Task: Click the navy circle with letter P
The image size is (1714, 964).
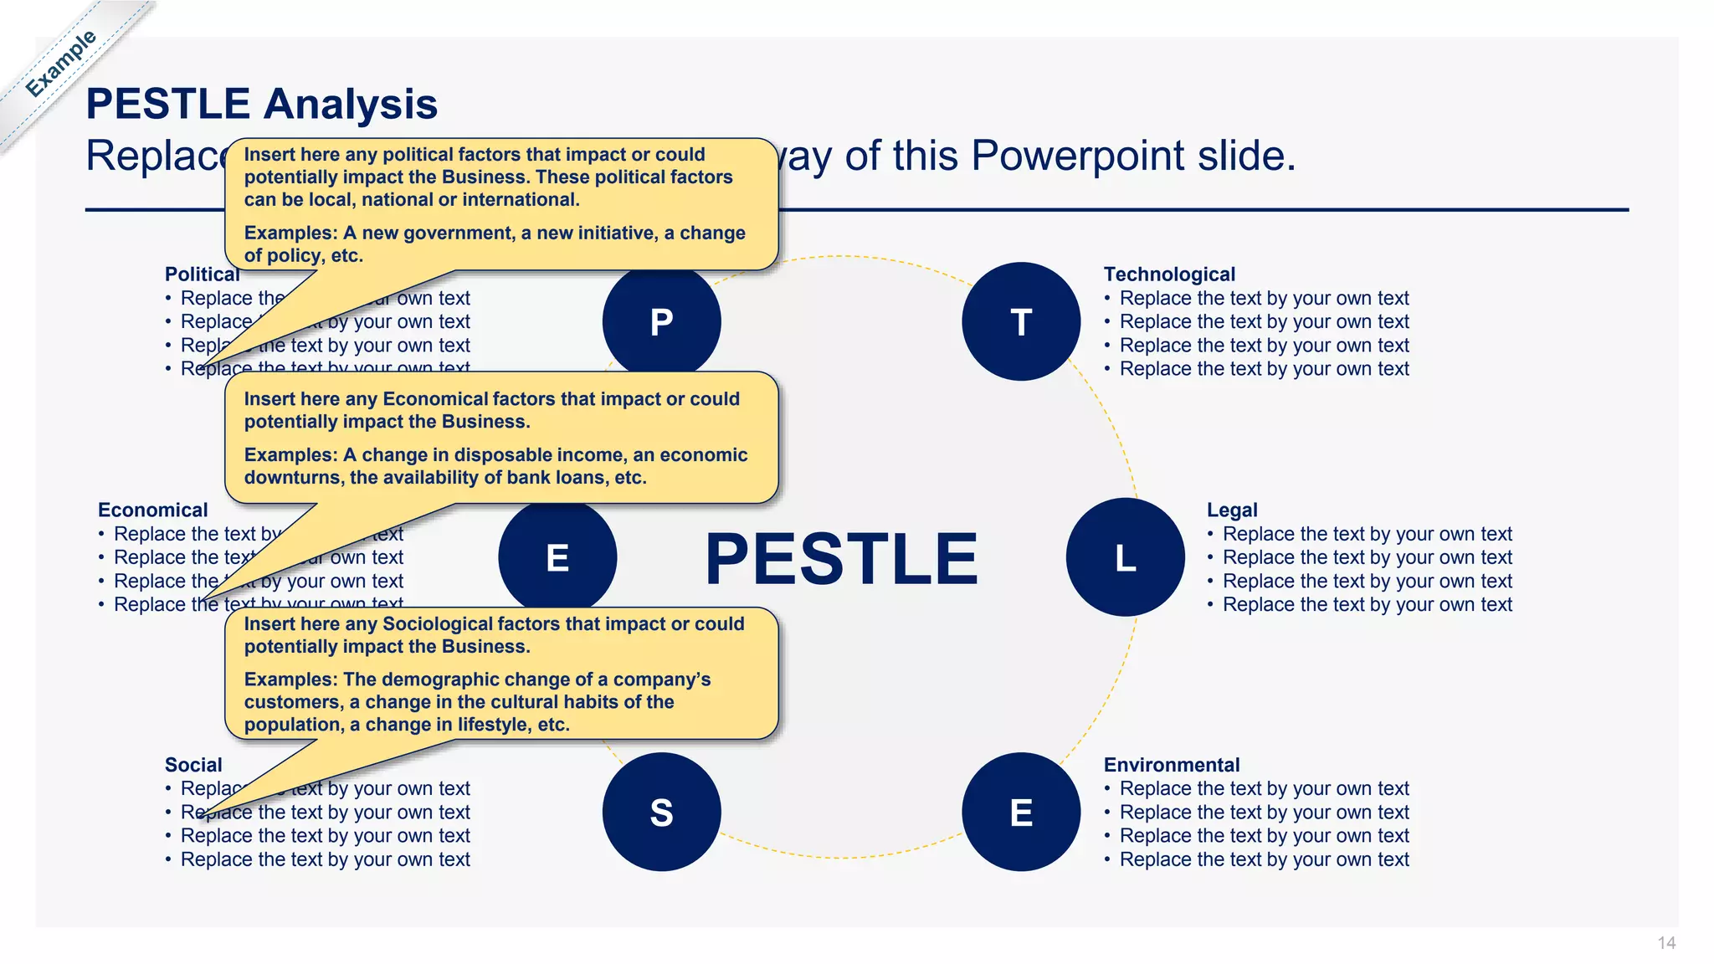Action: [x=661, y=322]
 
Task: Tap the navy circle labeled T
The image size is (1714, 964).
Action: [x=1021, y=322]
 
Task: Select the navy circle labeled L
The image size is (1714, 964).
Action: [x=1125, y=557]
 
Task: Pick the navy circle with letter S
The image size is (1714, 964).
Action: [x=661, y=812]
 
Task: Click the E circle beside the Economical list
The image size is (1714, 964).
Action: [x=557, y=557]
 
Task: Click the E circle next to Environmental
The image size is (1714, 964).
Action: [x=1021, y=812]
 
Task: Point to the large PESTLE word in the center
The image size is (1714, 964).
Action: [x=841, y=558]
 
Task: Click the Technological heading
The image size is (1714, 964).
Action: [x=1168, y=274]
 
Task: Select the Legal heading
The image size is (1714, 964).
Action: [x=1231, y=510]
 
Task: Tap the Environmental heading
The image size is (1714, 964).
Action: [x=1171, y=765]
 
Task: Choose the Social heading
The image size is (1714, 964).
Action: [x=193, y=765]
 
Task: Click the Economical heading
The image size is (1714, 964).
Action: [x=152, y=510]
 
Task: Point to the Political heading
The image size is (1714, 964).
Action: [x=201, y=274]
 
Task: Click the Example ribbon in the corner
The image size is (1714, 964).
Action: [x=60, y=64]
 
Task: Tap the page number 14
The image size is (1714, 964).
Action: [x=1665, y=943]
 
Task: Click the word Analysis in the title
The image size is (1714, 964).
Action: [x=350, y=105]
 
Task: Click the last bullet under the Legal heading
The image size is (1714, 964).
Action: [x=1367, y=605]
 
